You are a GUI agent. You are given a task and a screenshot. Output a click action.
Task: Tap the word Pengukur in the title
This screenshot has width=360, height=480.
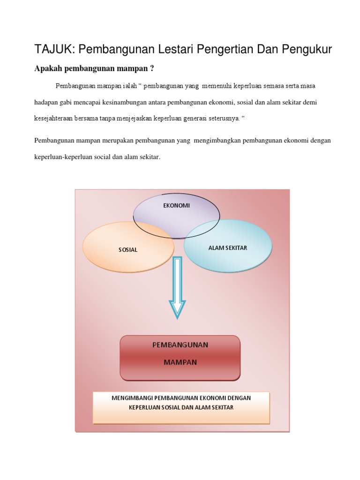pyautogui.click(x=307, y=50)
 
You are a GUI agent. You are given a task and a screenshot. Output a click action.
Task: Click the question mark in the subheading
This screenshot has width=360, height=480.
pyautogui.click(x=152, y=69)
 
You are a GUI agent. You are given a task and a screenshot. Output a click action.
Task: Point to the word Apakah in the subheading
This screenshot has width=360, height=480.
pyautogui.click(x=49, y=69)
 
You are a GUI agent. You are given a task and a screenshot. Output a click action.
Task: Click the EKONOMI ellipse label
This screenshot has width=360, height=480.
pyautogui.click(x=176, y=205)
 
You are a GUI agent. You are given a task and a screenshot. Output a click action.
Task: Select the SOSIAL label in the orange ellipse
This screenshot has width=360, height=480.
pyautogui.click(x=128, y=250)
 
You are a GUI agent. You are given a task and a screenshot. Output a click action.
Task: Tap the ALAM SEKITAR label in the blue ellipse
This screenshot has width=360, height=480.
pyautogui.click(x=227, y=247)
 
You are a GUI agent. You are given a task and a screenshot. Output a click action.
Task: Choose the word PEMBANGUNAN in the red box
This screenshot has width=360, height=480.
pyautogui.click(x=180, y=345)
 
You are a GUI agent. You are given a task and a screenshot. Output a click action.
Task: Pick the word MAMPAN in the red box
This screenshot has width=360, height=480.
pyautogui.click(x=180, y=362)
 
